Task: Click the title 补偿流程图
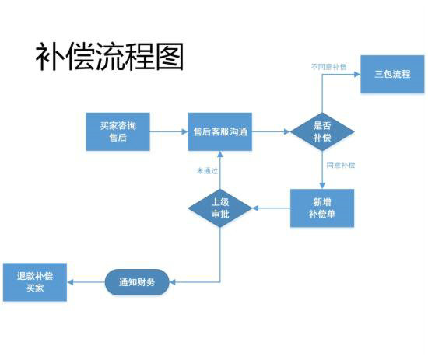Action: point(109,56)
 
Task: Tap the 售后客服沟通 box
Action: point(220,131)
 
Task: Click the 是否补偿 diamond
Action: point(322,131)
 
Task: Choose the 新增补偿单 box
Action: point(322,208)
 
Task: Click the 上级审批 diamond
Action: point(220,208)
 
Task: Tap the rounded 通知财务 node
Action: point(136,281)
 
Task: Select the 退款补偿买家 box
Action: point(35,281)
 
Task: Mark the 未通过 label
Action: point(205,171)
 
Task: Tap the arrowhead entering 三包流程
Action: point(357,75)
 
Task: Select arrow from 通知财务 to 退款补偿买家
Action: point(86,281)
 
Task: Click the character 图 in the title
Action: point(168,56)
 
